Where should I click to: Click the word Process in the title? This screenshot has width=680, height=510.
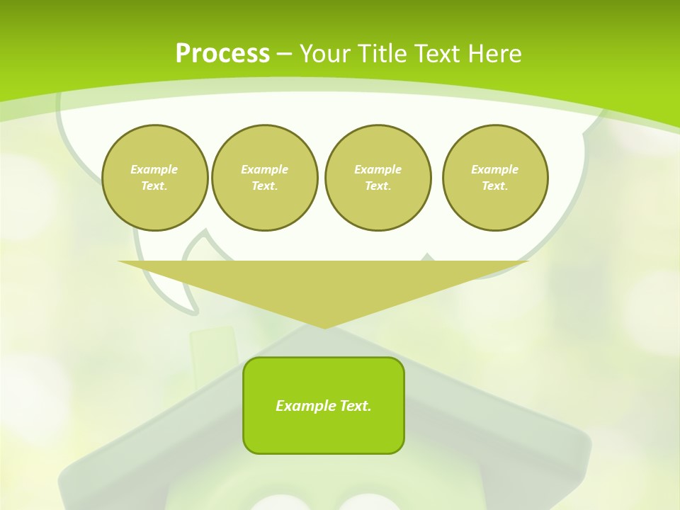(222, 54)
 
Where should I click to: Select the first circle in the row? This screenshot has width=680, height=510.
(155, 178)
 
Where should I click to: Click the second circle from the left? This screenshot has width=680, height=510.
(265, 178)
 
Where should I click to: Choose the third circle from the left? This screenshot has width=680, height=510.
(378, 178)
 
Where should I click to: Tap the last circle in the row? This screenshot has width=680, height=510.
(495, 178)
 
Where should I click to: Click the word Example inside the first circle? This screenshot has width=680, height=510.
(154, 169)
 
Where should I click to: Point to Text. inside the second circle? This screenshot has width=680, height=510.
(265, 186)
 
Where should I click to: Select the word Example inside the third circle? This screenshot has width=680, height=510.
(378, 169)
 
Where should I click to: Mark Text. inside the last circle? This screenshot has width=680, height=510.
(495, 186)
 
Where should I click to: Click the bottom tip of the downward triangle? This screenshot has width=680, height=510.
(324, 327)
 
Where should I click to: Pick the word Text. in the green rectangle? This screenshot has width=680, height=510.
(355, 406)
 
